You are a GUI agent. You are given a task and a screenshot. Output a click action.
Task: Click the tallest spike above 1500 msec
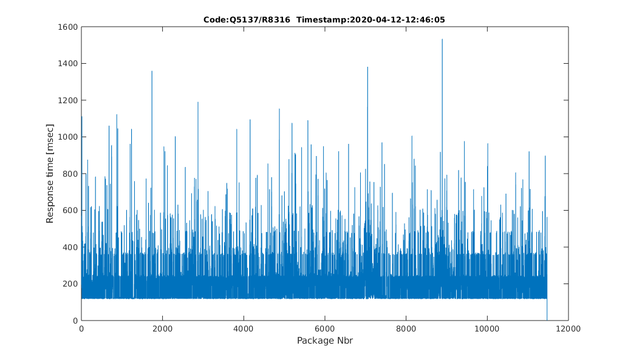tap(442, 39)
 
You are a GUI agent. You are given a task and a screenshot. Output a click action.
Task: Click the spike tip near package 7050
tap(367, 67)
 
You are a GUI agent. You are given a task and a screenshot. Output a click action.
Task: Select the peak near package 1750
tap(152, 72)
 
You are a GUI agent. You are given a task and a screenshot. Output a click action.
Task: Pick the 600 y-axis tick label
tap(70, 211)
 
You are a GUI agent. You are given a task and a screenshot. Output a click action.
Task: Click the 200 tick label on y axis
tap(70, 284)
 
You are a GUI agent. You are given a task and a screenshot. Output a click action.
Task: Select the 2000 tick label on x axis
tap(162, 328)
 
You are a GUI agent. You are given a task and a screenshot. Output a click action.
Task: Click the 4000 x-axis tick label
tap(244, 328)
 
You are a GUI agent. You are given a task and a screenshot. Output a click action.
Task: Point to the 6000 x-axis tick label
tap(325, 328)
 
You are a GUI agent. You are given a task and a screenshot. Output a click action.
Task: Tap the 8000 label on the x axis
tap(406, 328)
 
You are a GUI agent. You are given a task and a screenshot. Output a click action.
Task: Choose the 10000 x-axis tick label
tap(487, 328)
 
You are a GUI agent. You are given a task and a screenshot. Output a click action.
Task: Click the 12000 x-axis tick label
tap(568, 328)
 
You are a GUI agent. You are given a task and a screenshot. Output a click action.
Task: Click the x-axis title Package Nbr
tap(325, 341)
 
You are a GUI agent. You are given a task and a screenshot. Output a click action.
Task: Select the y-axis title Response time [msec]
tap(50, 173)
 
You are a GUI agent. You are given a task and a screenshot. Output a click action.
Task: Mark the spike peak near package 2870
tap(198, 103)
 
